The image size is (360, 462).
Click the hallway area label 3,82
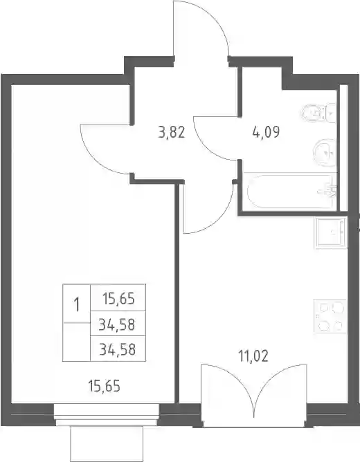(x=171, y=132)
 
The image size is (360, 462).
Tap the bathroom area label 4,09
(x=266, y=131)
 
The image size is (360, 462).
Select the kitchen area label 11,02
(x=253, y=356)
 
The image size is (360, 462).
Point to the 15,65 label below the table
(x=105, y=386)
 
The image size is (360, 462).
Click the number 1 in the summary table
(x=77, y=304)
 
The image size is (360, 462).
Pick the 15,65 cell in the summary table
(x=118, y=299)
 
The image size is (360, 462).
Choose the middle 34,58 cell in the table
(x=117, y=324)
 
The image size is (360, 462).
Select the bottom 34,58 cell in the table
(x=118, y=350)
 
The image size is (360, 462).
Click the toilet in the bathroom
(x=319, y=113)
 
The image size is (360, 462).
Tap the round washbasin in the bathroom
(x=325, y=152)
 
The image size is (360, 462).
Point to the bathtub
(x=290, y=192)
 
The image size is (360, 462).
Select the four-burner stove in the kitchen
(x=330, y=316)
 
